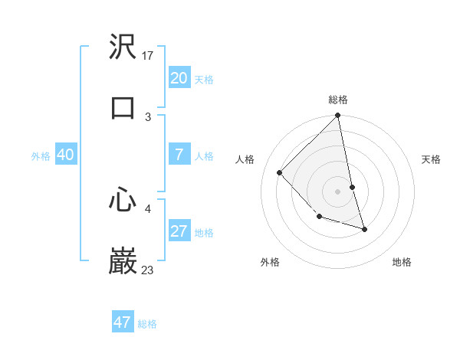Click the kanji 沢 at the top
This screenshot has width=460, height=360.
pyautogui.click(x=123, y=48)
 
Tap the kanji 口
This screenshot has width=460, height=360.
pyautogui.click(x=123, y=107)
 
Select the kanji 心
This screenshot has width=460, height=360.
pyautogui.click(x=123, y=201)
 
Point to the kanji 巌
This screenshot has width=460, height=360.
pyautogui.click(x=123, y=260)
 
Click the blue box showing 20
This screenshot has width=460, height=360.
pyautogui.click(x=179, y=78)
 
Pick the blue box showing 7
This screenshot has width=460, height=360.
pyautogui.click(x=179, y=155)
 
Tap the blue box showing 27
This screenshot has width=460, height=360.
pyautogui.click(x=179, y=231)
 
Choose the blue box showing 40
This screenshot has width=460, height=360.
pyautogui.click(x=66, y=155)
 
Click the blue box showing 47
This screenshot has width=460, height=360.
pyautogui.click(x=123, y=322)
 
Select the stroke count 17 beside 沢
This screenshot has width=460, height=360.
pyautogui.click(x=149, y=56)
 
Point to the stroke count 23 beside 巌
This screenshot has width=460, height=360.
pyautogui.click(x=148, y=270)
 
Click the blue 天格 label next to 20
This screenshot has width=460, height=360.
pyautogui.click(x=204, y=80)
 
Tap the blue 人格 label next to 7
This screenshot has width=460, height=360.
pyautogui.click(x=204, y=156)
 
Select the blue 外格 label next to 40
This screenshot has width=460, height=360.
pyautogui.click(x=41, y=156)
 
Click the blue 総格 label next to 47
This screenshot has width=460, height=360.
pyautogui.click(x=147, y=324)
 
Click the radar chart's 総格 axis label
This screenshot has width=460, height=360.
pyautogui.click(x=338, y=100)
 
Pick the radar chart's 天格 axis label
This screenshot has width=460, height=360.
pyautogui.click(x=432, y=159)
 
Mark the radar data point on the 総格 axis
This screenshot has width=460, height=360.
pyautogui.click(x=338, y=116)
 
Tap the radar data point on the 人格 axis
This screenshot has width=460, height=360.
pyautogui.click(x=280, y=172)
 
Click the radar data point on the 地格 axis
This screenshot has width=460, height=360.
pyautogui.click(x=364, y=229)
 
